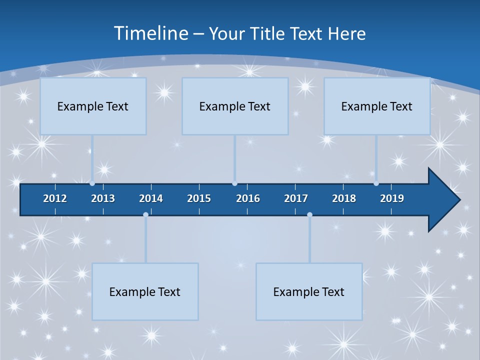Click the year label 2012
55,198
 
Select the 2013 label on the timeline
103,198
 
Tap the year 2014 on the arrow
151,198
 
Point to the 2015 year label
199,198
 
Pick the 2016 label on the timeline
248,198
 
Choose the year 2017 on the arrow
296,198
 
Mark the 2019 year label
392,198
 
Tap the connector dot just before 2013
92,183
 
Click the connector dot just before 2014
145,214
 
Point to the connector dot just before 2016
234,183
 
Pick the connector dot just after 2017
309,214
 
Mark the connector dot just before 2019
376,183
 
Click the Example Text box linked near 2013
93,106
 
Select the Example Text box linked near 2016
235,106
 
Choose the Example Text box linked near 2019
377,106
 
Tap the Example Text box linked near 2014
145,291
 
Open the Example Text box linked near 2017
309,291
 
